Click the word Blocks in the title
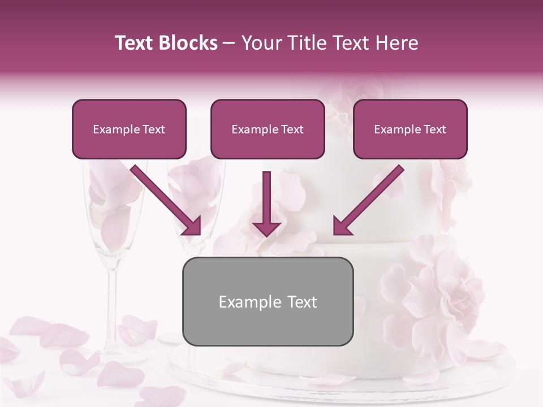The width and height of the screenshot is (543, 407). point(186,44)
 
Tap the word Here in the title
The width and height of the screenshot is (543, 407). point(396,44)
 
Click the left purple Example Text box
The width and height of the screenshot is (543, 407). point(129,129)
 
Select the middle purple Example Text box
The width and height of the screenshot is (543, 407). point(268,129)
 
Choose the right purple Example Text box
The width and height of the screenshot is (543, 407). point(410,129)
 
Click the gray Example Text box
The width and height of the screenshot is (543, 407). point(268,301)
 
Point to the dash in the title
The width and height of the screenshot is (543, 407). point(229,44)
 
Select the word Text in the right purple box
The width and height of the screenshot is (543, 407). point(434,129)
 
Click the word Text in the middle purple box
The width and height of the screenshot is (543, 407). point(292,129)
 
